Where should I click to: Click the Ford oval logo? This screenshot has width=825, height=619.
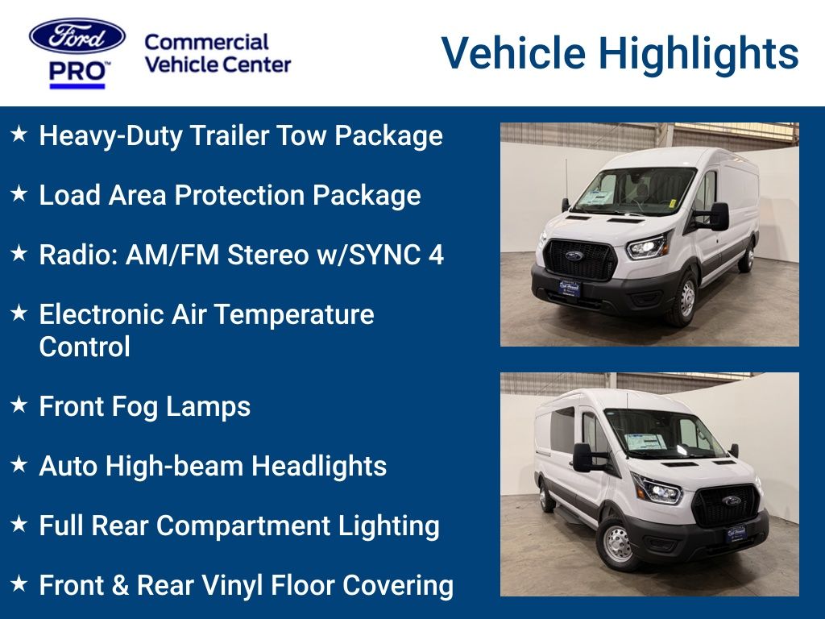(x=77, y=37)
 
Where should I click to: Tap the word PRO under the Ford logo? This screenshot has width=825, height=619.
(x=77, y=71)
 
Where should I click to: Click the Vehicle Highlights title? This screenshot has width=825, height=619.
(x=620, y=53)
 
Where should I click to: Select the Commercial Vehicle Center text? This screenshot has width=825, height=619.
(x=217, y=53)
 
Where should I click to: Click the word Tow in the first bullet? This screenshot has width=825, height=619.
(x=302, y=135)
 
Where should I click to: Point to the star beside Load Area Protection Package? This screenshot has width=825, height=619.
(x=19, y=194)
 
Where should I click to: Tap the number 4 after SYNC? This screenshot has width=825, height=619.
(x=436, y=255)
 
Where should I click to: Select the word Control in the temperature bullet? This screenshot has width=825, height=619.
(x=85, y=347)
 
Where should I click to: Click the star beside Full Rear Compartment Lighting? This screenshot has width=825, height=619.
(x=19, y=525)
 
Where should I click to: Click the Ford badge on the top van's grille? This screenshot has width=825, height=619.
(x=574, y=255)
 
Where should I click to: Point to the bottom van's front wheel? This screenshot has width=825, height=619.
(x=616, y=545)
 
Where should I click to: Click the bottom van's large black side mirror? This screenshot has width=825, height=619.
(x=582, y=457)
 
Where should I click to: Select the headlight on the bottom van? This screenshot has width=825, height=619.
(x=657, y=490)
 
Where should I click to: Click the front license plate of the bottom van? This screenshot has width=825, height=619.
(x=736, y=533)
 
